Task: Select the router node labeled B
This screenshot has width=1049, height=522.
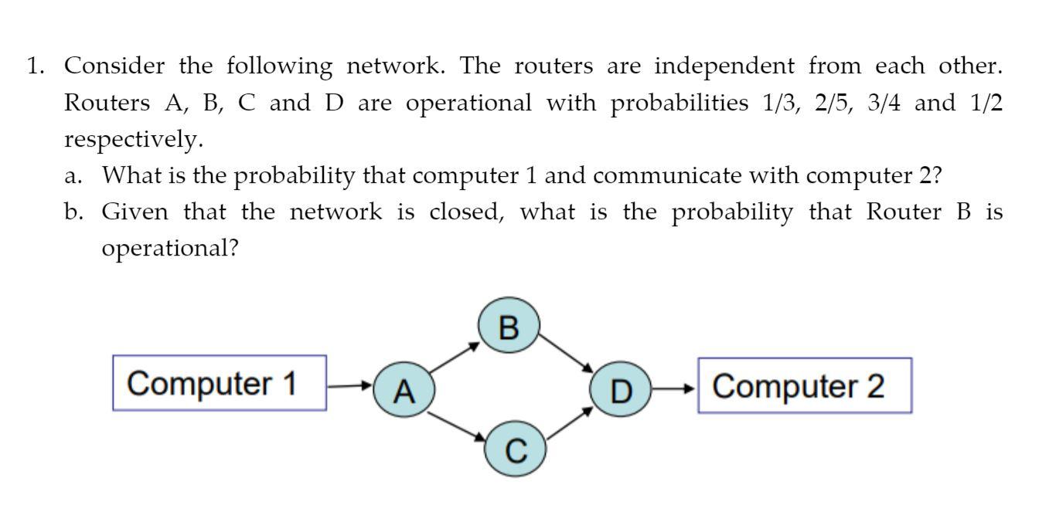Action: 508,327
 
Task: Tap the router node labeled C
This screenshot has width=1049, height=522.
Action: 516,448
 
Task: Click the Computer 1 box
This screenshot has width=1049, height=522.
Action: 220,383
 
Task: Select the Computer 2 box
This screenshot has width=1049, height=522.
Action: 805,385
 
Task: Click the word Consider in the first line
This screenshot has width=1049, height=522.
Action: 114,66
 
